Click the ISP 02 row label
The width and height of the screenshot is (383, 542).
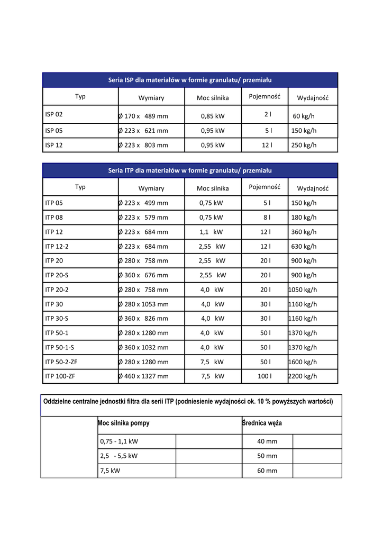pos(54,114)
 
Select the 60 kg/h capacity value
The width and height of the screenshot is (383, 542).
pos(304,116)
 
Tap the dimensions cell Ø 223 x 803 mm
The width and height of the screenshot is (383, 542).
pos(143,145)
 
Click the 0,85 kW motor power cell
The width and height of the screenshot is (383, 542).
pos(213,116)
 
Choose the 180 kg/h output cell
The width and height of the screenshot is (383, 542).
pos(304,218)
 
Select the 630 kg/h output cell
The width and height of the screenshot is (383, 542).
pos(304,247)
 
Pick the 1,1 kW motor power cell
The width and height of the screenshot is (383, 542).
pos(212,232)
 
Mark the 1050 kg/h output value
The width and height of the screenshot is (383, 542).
pos(303,290)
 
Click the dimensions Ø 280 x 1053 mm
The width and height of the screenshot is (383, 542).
pos(143,304)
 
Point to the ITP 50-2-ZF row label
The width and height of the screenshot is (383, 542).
pos(61,362)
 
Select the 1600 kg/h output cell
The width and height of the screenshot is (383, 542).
pos(303,362)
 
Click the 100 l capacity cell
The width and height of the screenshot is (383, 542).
pos(265,376)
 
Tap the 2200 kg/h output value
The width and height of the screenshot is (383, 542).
pos(303,376)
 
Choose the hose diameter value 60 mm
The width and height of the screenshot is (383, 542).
pos(267,471)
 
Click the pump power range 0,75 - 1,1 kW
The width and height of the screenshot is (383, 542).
pos(119,441)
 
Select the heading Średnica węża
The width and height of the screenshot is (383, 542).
pos(262,423)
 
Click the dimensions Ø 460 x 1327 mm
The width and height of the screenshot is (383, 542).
pos(143,376)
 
